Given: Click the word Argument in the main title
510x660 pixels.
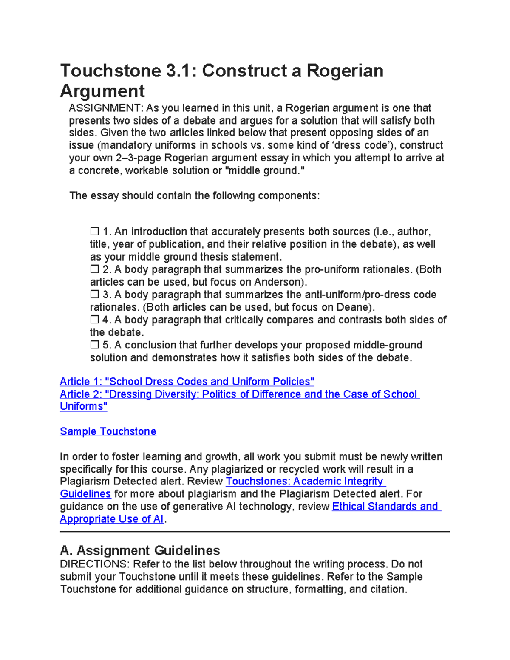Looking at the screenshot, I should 102,91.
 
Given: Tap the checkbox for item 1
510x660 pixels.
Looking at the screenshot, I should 94,232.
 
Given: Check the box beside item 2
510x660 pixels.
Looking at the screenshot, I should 94,269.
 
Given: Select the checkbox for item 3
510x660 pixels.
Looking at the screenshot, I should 94,295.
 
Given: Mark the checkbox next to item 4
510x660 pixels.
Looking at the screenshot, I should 94,320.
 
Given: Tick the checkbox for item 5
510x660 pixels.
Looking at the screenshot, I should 94,345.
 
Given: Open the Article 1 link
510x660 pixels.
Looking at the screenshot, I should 187,382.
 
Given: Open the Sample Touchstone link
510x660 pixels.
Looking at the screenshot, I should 108,431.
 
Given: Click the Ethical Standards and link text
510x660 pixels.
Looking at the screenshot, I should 386,507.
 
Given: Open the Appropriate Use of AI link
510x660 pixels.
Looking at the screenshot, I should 112,519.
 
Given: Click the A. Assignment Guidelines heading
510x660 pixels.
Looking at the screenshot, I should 140,551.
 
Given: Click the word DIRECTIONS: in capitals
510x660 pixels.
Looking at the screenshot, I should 95,564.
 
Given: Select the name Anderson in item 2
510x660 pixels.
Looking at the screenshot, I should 278,282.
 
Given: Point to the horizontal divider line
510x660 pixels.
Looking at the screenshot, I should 255,531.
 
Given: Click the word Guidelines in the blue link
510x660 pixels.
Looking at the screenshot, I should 85,494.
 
